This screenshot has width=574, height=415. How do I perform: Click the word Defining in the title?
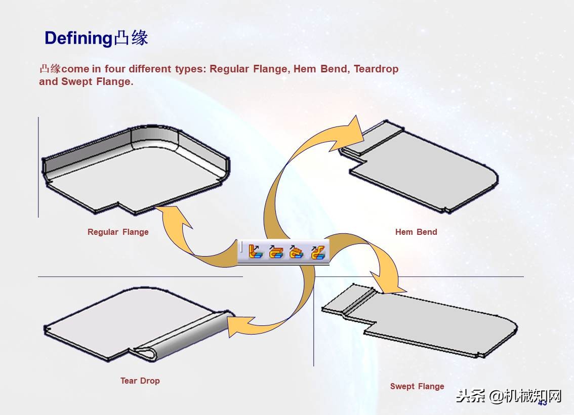77,38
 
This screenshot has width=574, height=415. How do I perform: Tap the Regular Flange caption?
118,232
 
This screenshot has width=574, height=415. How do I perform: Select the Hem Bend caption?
416,232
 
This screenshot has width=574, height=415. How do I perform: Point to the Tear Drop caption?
140,381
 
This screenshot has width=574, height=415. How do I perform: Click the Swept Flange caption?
417,386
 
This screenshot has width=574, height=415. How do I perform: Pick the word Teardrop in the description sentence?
376,69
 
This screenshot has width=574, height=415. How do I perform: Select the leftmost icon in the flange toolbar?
256,252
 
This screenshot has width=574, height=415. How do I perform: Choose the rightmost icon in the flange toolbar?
317,252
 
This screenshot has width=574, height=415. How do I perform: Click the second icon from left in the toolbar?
276,252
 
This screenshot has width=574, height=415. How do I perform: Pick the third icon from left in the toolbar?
297,252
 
